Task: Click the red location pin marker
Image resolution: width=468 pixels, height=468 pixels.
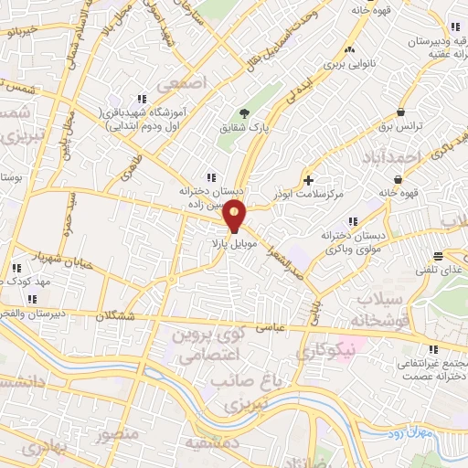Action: (x=236, y=218)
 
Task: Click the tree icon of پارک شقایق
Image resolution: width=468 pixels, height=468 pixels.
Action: (x=244, y=114)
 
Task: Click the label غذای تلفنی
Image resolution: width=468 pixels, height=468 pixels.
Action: (x=445, y=272)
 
